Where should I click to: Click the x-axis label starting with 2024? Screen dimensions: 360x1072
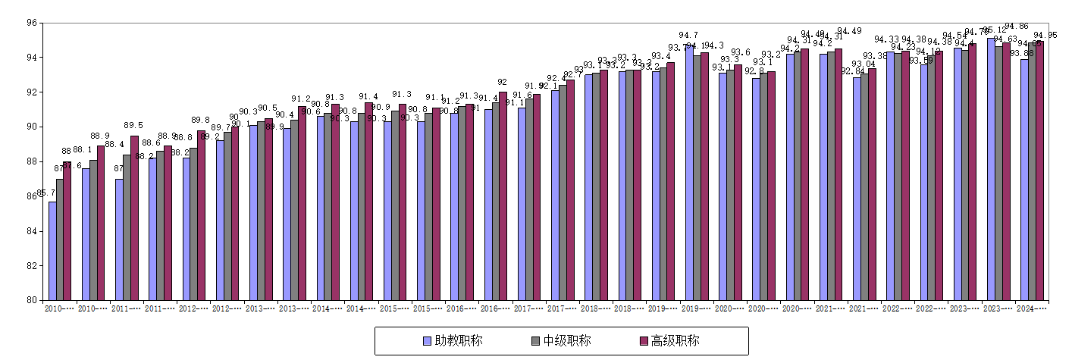tap(1032, 308)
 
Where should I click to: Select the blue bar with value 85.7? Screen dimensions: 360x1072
tap(52, 250)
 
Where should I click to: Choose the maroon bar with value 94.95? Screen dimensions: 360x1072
tap(1039, 171)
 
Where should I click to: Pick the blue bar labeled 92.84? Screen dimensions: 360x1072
tap(857, 189)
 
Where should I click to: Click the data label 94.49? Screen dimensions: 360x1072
tap(849, 31)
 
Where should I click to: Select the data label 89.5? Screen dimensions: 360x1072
tap(133, 126)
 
